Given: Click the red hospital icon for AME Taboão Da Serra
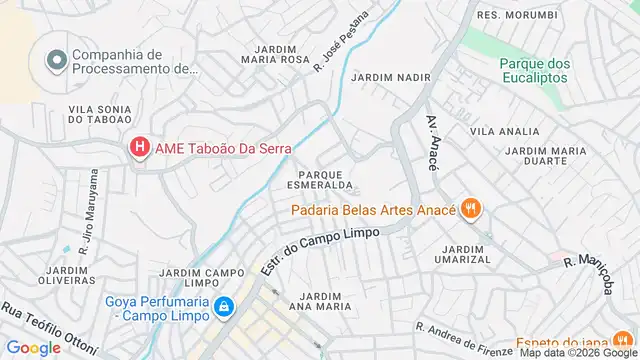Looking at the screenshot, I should (x=139, y=148).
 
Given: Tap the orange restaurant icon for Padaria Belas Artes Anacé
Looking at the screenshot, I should (x=472, y=209).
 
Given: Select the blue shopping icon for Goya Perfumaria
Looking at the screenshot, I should (x=226, y=305).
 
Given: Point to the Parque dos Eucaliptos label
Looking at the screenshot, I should (x=535, y=70).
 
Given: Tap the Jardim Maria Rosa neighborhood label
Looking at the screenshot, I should (x=276, y=54).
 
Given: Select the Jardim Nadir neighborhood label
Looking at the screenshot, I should (x=390, y=76).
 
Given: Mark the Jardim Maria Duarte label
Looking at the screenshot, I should (x=545, y=156).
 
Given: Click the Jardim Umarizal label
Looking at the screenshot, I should (x=466, y=253).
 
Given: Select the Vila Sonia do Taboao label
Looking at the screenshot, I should (x=101, y=113).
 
